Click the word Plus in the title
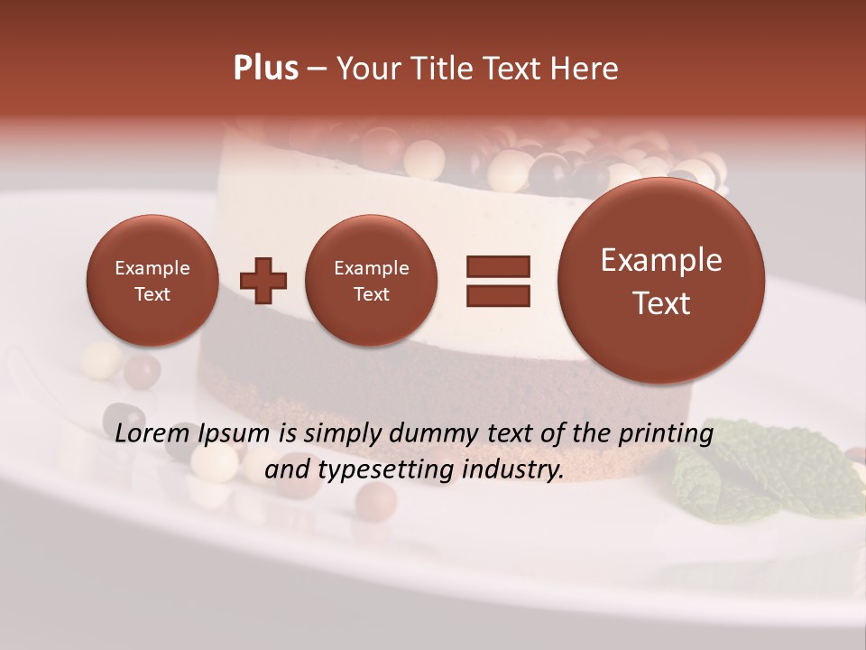[x=265, y=69]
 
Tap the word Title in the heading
[x=439, y=69]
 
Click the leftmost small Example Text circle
[x=152, y=281]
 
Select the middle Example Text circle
[x=371, y=281]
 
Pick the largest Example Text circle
[x=661, y=281]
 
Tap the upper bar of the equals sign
[x=498, y=266]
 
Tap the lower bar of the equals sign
[x=498, y=295]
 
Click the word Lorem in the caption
[x=152, y=433]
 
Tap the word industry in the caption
[x=511, y=470]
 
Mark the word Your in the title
[x=370, y=69]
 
